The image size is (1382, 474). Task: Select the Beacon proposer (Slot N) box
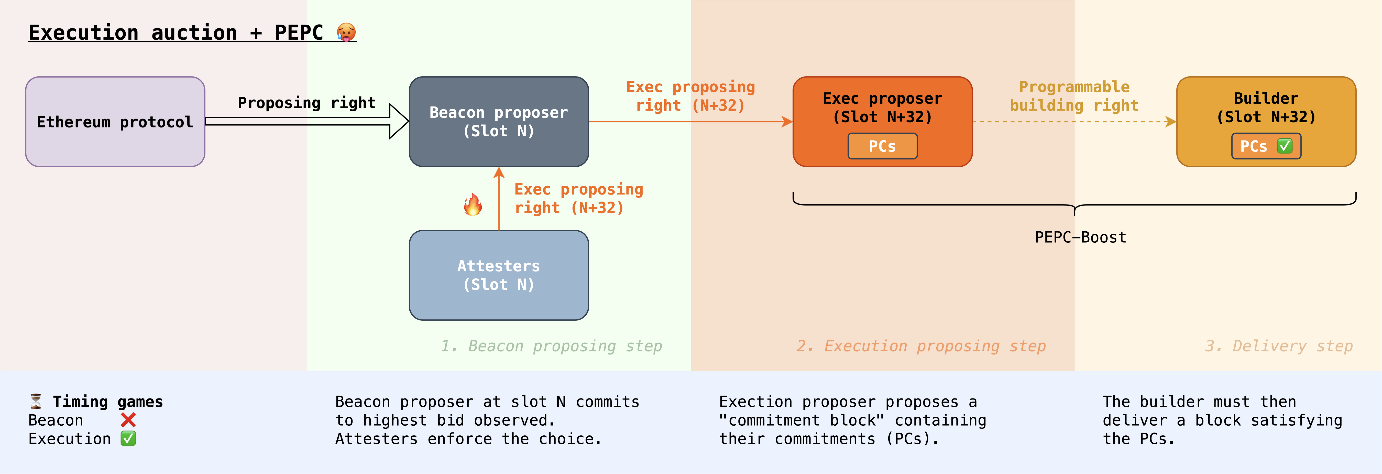tap(499, 122)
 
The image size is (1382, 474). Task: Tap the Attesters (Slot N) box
tap(499, 275)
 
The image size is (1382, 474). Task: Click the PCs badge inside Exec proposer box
tap(883, 146)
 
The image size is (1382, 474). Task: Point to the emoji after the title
tap(346, 32)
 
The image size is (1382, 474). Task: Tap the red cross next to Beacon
tap(128, 420)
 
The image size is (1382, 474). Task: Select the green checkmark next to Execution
tap(128, 439)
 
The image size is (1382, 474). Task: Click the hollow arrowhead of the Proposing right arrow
tap(399, 121)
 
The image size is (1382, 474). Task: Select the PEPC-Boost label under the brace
tap(1080, 237)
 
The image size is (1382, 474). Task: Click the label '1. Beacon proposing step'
tap(552, 346)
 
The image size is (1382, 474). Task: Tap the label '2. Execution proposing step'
tap(921, 346)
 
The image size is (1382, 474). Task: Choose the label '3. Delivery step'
tap(1279, 346)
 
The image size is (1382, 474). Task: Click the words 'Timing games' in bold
tap(108, 402)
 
